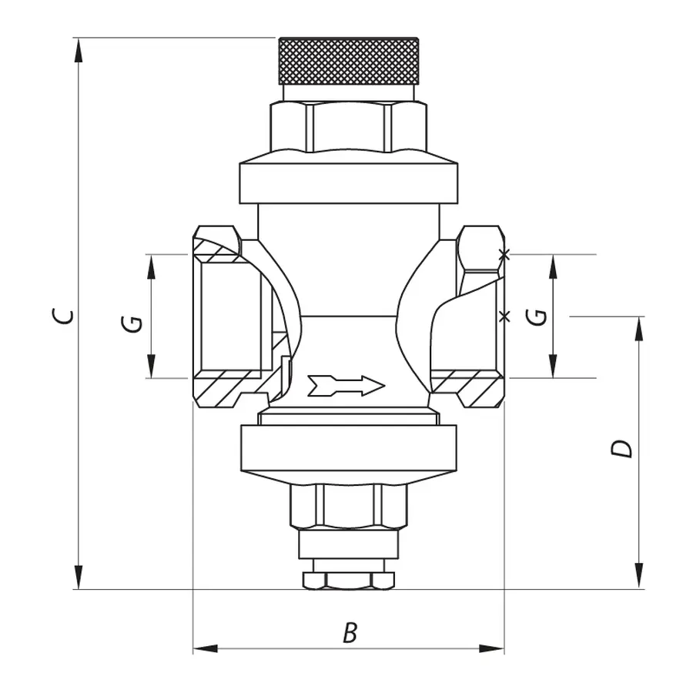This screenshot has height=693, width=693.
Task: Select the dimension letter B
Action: tap(350, 633)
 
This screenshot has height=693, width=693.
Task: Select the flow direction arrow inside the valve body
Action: tap(346, 385)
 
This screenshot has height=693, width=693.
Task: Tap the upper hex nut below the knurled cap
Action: tap(348, 126)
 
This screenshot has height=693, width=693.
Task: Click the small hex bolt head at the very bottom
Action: tap(348, 580)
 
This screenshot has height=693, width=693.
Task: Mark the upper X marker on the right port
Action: tap(504, 254)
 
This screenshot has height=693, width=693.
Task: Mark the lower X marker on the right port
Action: tap(504, 316)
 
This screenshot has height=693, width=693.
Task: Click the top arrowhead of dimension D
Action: tap(638, 328)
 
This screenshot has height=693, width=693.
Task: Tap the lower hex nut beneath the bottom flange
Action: tap(348, 507)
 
